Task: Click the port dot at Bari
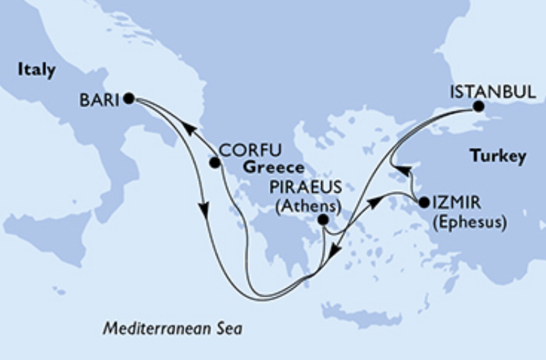point(128,97)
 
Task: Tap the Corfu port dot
point(214,162)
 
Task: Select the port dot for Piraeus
point(322,220)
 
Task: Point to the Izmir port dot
point(422,202)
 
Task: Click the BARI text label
point(98,98)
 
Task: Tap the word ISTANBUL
point(492,92)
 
